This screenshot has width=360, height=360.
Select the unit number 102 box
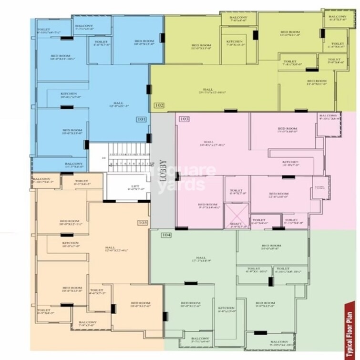click(x=159, y=105)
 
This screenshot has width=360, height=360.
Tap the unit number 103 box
click(x=185, y=118)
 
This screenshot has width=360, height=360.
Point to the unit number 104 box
click(x=166, y=235)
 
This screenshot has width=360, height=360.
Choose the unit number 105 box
click(x=143, y=222)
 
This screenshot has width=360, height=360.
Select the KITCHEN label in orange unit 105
click(x=70, y=244)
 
